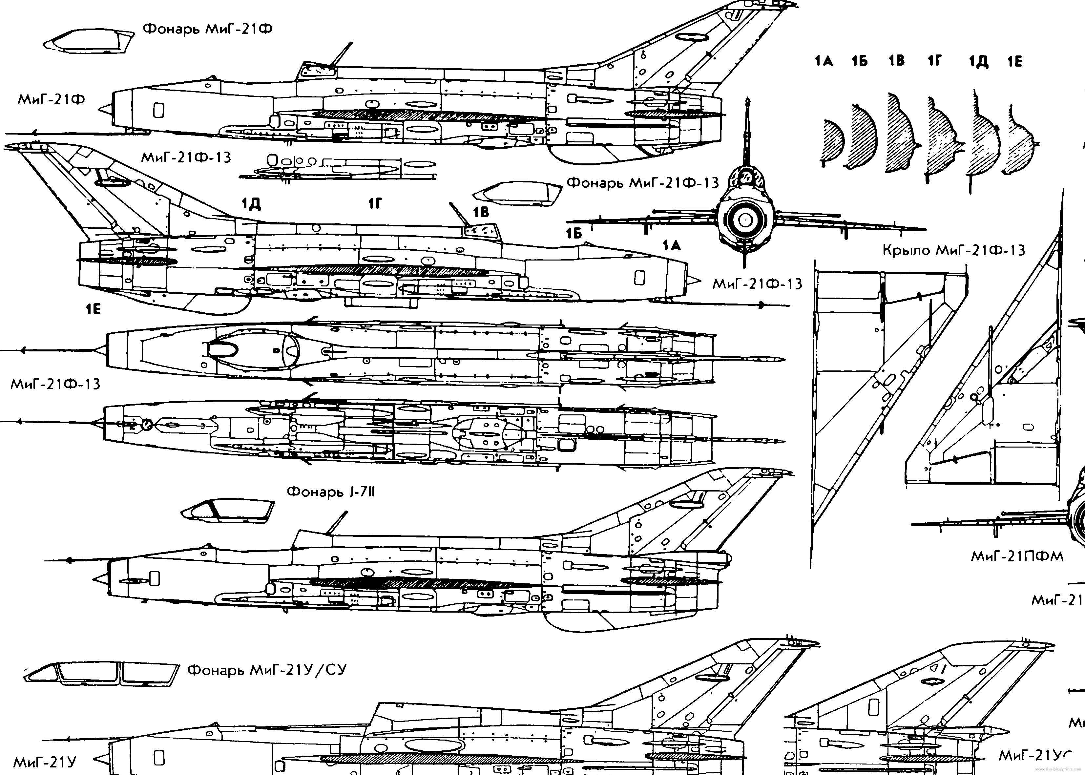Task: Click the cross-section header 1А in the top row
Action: pyautogui.click(x=824, y=61)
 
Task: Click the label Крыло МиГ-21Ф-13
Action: pyautogui.click(x=954, y=250)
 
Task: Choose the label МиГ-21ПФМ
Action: pyautogui.click(x=1017, y=556)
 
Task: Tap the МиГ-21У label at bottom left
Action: pyautogui.click(x=45, y=762)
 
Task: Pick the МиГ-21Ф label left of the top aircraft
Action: pyautogui.click(x=51, y=100)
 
